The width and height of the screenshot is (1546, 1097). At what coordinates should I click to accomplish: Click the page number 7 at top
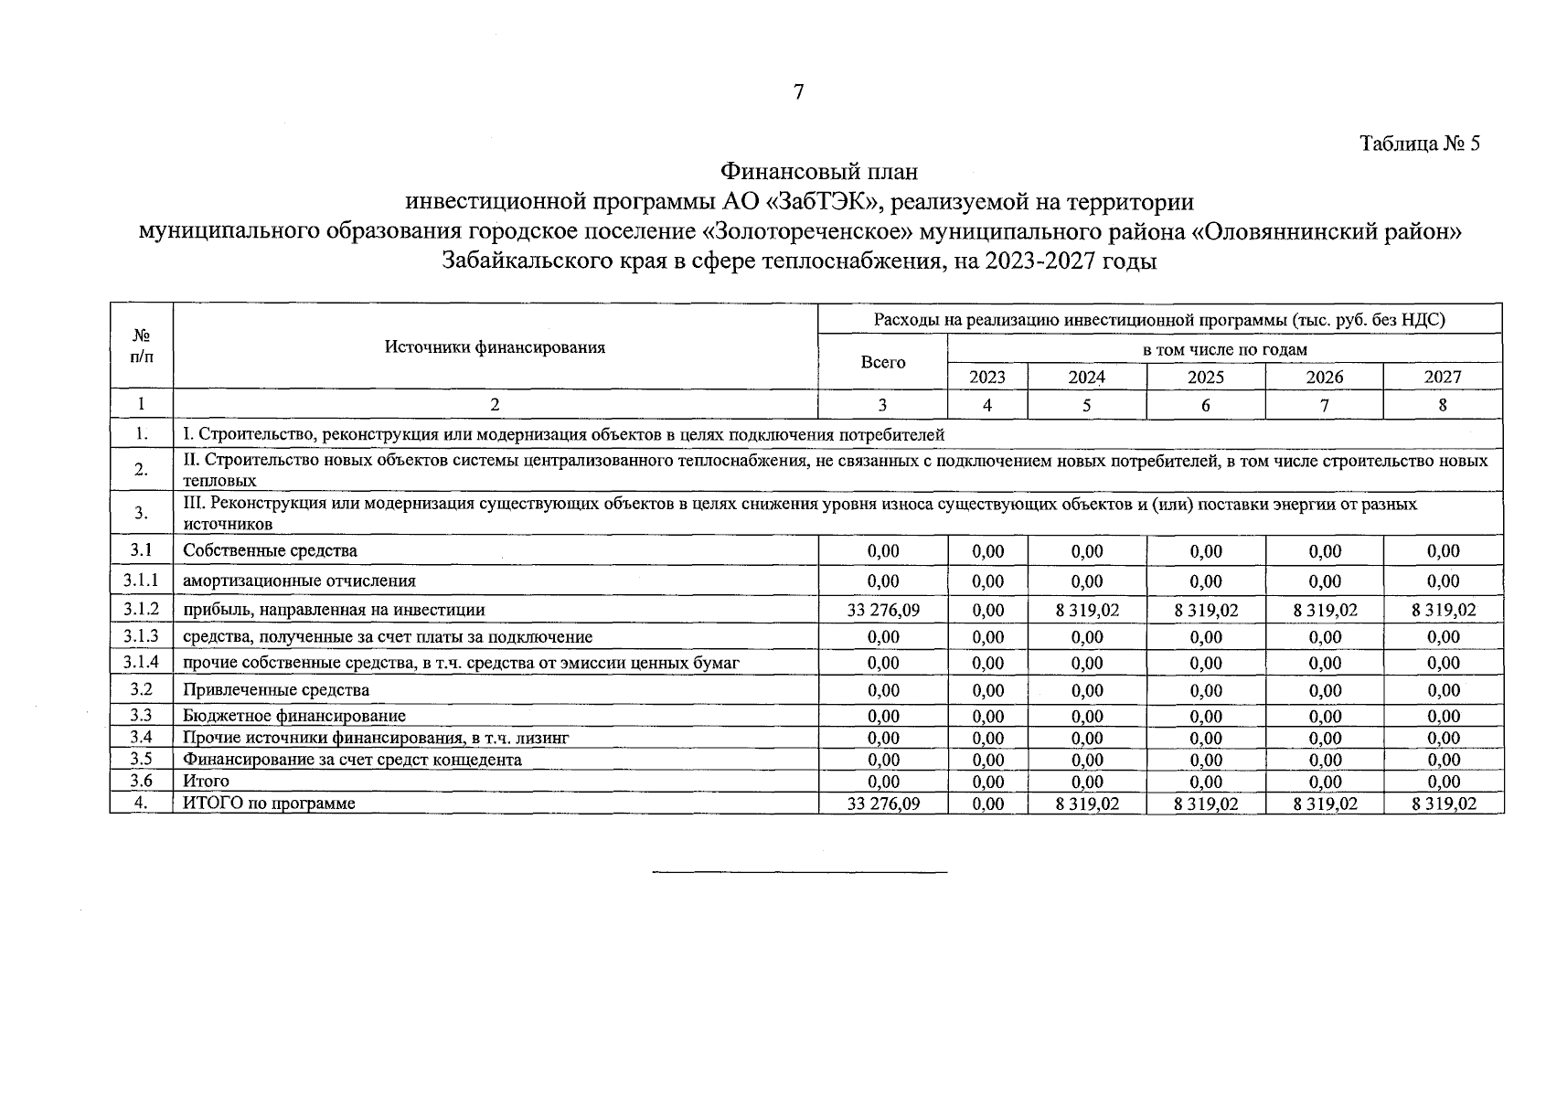798,91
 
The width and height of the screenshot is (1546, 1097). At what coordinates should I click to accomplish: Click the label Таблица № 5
1419,144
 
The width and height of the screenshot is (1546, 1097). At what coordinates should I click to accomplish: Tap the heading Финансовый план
818,171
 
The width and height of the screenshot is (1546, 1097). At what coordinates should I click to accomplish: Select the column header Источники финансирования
495,347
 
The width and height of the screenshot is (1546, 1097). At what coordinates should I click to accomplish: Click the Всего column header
883,362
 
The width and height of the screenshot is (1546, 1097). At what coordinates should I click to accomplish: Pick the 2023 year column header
986,377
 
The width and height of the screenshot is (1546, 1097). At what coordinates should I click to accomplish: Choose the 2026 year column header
1324,377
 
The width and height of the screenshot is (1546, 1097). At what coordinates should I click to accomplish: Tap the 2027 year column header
1443,377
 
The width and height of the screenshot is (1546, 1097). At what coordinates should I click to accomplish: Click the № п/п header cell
141,346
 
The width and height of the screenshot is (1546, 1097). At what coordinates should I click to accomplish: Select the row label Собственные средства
270,551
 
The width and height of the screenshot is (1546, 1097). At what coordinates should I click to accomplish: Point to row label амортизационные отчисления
299,580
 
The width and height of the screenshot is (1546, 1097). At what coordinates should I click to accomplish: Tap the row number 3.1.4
141,662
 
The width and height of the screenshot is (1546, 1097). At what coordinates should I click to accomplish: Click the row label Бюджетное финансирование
293,716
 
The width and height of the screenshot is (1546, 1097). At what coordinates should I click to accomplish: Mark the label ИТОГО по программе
269,804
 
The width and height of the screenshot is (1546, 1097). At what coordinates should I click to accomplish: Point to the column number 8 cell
1443,404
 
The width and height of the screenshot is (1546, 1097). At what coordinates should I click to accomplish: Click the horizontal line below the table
799,871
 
